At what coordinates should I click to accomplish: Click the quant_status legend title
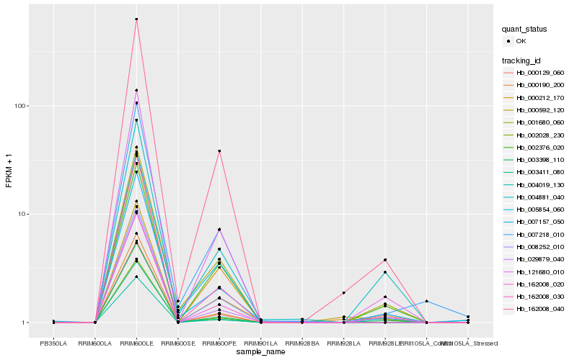click(525, 29)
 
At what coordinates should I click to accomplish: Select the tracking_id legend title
click(524, 60)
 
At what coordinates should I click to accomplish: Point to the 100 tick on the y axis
click(23, 106)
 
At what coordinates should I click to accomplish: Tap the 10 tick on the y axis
click(25, 215)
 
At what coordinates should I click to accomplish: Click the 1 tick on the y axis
click(27, 323)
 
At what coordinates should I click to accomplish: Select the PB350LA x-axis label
click(54, 343)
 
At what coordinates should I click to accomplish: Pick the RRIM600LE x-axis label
click(136, 343)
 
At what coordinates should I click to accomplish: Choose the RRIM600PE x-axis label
click(219, 343)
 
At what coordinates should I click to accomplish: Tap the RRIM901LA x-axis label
click(260, 343)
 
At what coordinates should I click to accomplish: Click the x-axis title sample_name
click(260, 351)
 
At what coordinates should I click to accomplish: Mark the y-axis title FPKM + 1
click(9, 170)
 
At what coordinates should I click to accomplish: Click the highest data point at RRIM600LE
click(136, 19)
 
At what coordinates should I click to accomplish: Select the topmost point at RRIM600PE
click(219, 151)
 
